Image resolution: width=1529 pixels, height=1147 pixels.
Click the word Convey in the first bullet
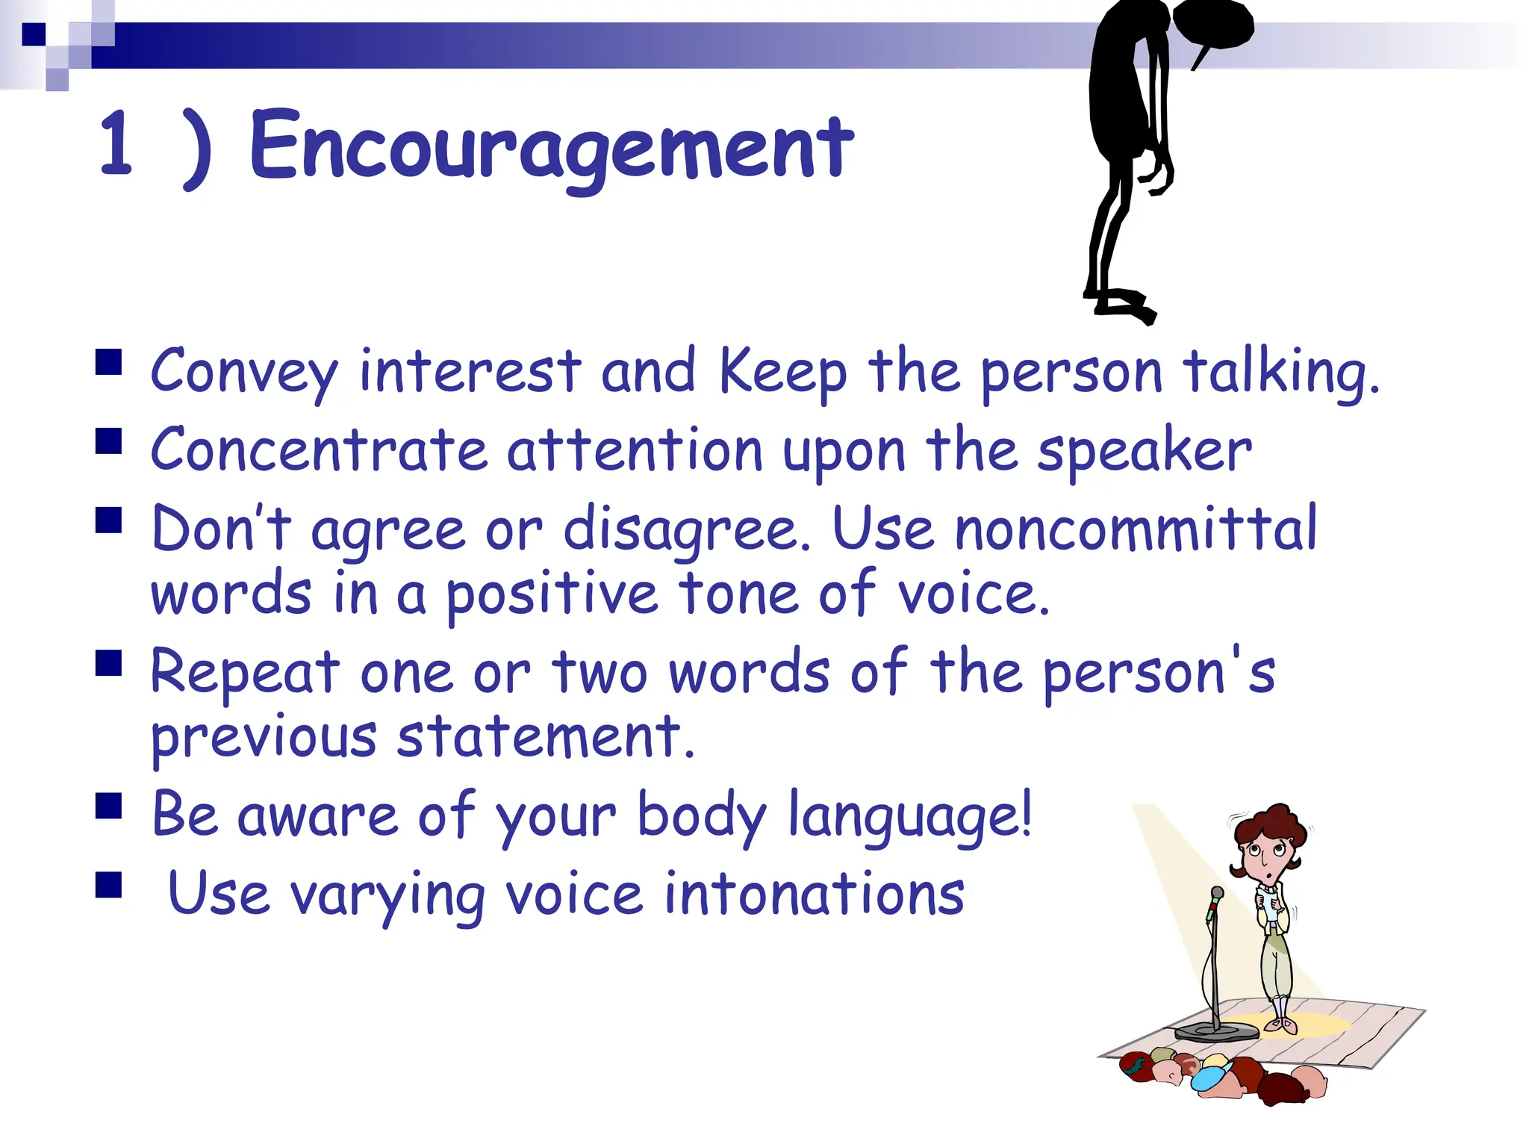tap(244, 371)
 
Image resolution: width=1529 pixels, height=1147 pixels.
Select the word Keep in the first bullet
tap(782, 371)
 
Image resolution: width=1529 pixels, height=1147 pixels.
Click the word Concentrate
tap(319, 450)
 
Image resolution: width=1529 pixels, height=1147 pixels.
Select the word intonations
tap(814, 894)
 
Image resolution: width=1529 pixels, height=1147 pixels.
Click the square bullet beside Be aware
tap(109, 806)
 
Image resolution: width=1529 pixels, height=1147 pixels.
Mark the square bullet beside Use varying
tap(109, 885)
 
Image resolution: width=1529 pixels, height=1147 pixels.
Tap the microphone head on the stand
tap(1216, 894)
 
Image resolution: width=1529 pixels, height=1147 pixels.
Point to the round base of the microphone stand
tap(1216, 1032)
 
